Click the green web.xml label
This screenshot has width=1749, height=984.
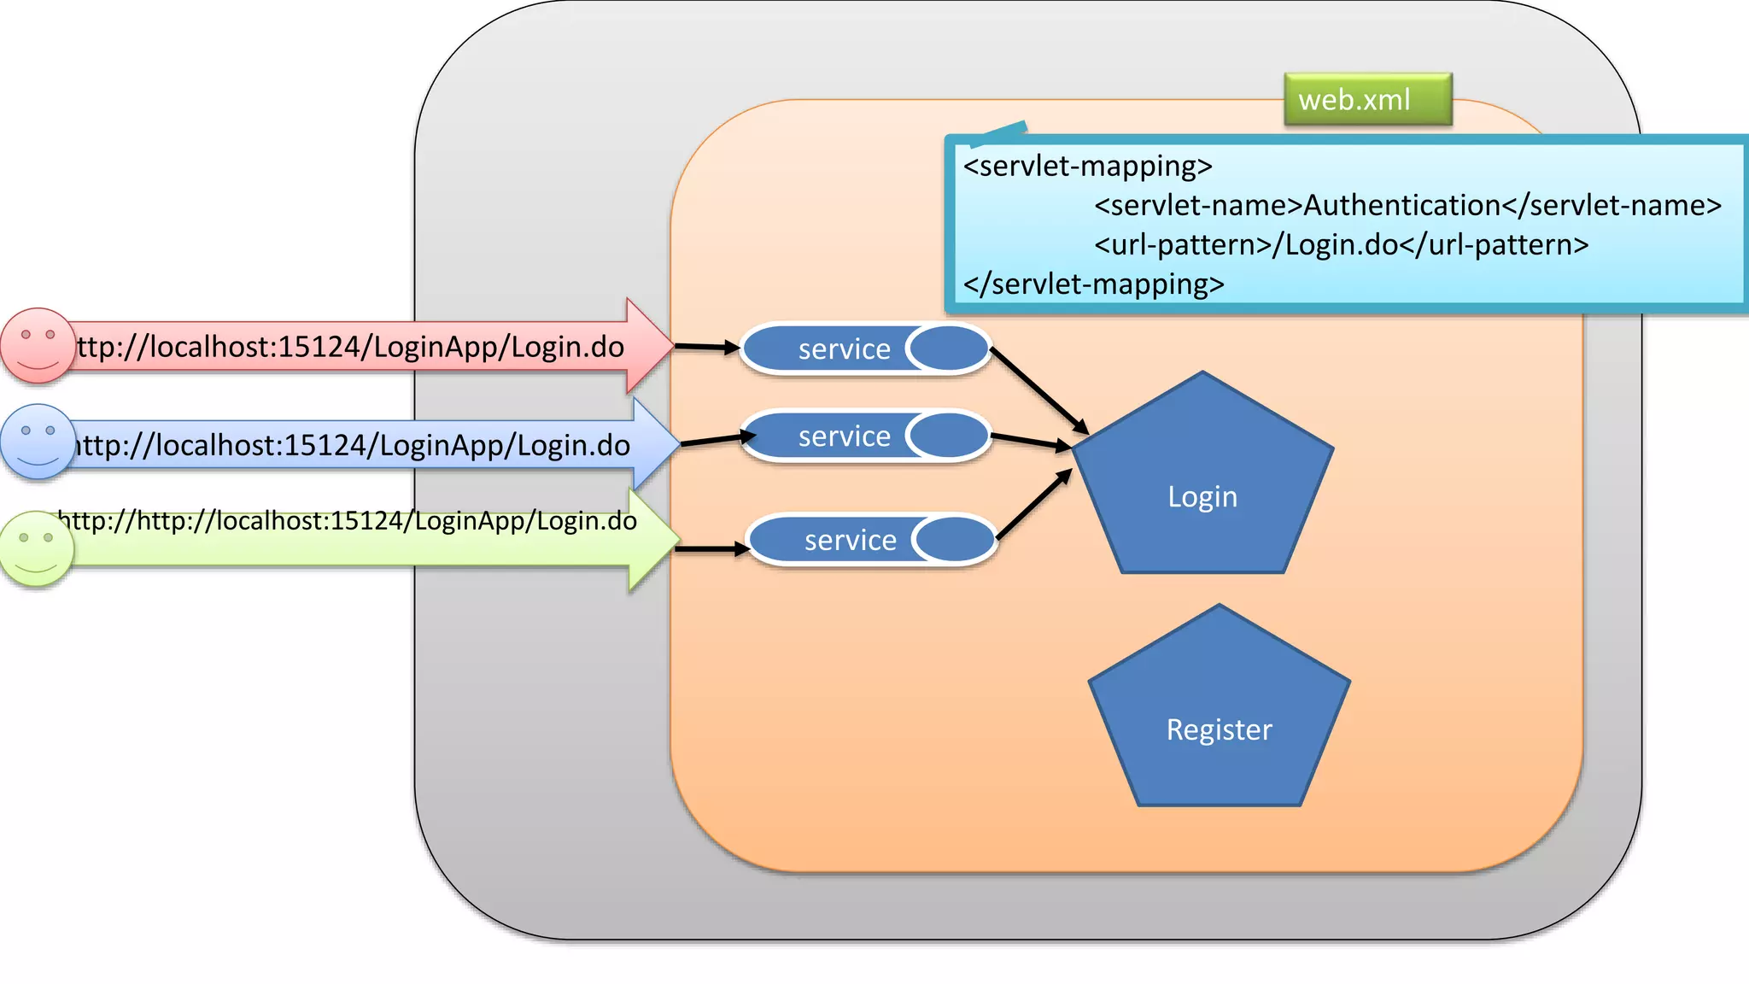point(1366,100)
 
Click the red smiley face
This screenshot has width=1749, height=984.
point(37,345)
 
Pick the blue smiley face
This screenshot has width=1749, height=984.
point(37,442)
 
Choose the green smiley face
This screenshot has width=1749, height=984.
point(37,548)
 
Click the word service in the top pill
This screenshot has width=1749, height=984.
point(844,349)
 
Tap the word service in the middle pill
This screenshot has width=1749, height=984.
point(844,436)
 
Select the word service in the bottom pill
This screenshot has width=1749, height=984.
point(850,541)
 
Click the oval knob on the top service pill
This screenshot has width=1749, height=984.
point(948,348)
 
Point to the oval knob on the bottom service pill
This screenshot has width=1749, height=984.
point(954,540)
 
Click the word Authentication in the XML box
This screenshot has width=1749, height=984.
point(1401,206)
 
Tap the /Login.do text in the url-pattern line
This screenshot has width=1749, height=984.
point(1335,245)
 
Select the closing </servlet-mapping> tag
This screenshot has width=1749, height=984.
point(1093,284)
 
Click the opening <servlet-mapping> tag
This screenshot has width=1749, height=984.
point(1087,166)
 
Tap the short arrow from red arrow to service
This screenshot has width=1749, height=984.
point(707,347)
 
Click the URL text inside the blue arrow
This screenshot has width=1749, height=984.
point(352,446)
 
